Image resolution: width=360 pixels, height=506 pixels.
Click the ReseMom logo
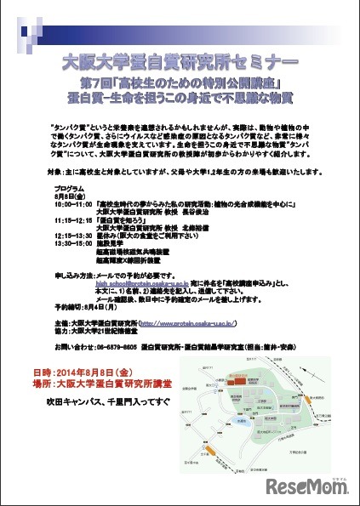310,487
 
